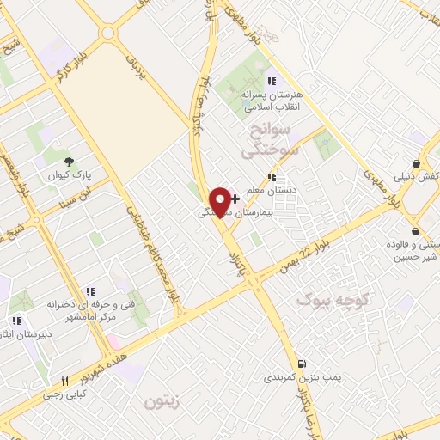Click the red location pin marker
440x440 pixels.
tap(221, 200)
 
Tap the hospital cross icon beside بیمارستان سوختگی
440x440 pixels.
tap(235, 199)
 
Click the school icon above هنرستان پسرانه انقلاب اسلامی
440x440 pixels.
tap(272, 81)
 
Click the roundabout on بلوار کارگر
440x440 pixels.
tap(107, 34)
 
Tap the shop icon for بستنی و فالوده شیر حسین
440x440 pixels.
tap(416, 230)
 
